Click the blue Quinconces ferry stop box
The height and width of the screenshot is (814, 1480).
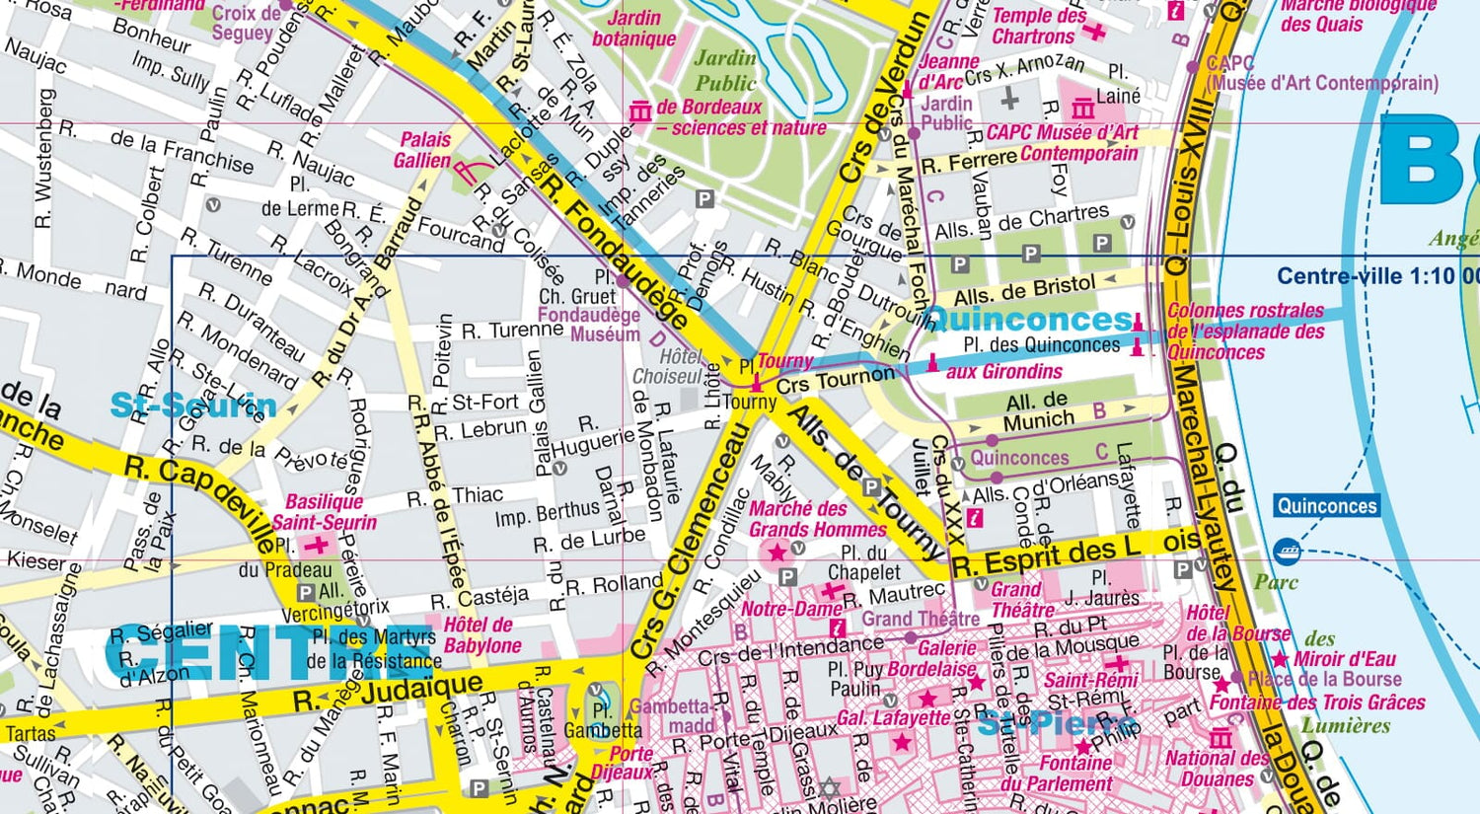(1326, 506)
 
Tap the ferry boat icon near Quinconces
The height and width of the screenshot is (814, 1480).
(1286, 551)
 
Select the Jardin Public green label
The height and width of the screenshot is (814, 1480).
(726, 71)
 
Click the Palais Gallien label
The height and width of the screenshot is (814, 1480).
(423, 150)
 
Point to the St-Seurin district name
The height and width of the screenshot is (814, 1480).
(192, 406)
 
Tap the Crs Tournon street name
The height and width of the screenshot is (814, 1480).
(835, 380)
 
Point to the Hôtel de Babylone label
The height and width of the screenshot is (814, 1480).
(481, 635)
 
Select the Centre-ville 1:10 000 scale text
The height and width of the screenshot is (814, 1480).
(1376, 276)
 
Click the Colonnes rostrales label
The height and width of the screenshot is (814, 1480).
(1245, 331)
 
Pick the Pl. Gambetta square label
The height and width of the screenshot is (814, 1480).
(602, 721)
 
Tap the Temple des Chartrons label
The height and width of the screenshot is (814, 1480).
(1037, 27)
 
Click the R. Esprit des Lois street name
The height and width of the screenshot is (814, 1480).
(1076, 555)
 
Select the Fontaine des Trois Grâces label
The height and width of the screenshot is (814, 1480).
(1317, 703)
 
